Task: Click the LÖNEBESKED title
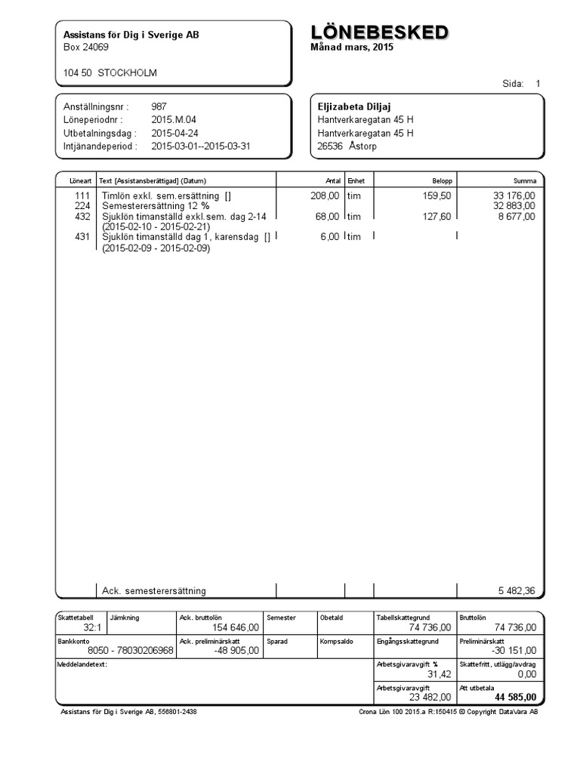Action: click(x=380, y=32)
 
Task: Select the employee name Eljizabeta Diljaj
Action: click(x=354, y=107)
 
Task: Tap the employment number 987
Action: click(x=159, y=107)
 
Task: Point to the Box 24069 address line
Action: click(x=86, y=48)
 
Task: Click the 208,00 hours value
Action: click(x=325, y=196)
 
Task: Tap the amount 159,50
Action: click(x=438, y=196)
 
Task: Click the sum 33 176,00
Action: click(x=514, y=196)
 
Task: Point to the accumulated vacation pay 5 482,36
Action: click(x=517, y=591)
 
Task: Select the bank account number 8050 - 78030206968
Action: click(x=130, y=651)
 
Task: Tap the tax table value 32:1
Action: click(x=92, y=627)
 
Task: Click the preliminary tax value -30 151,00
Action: click(x=513, y=651)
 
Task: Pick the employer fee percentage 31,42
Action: click(x=439, y=673)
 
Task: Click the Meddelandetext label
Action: click(x=82, y=664)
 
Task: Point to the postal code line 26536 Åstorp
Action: click(x=347, y=146)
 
